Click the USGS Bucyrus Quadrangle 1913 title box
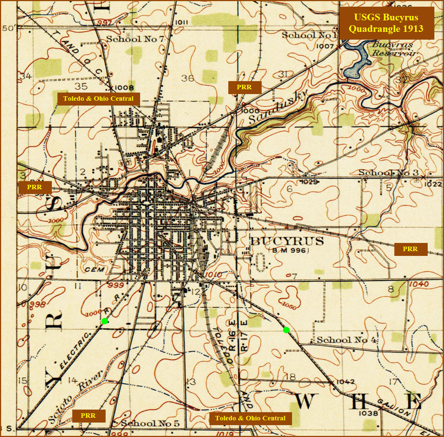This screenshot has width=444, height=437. (386, 23)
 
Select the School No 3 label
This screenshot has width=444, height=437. (388, 173)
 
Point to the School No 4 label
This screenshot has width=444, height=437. (346, 340)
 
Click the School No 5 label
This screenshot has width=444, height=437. (150, 423)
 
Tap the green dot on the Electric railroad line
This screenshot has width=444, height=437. (105, 321)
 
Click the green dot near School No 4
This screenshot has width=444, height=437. (286, 330)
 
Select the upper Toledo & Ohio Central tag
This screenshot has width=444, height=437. (98, 99)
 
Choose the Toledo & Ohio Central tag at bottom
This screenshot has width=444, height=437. (250, 418)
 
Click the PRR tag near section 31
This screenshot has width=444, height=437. (244, 87)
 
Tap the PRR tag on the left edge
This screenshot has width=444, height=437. (34, 187)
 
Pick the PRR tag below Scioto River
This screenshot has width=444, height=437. (88, 416)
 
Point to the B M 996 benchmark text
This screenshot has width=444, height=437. (289, 250)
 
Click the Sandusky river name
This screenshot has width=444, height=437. (278, 107)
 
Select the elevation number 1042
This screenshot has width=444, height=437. (345, 381)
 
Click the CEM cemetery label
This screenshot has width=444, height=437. (95, 269)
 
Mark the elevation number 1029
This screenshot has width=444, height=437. (309, 182)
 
